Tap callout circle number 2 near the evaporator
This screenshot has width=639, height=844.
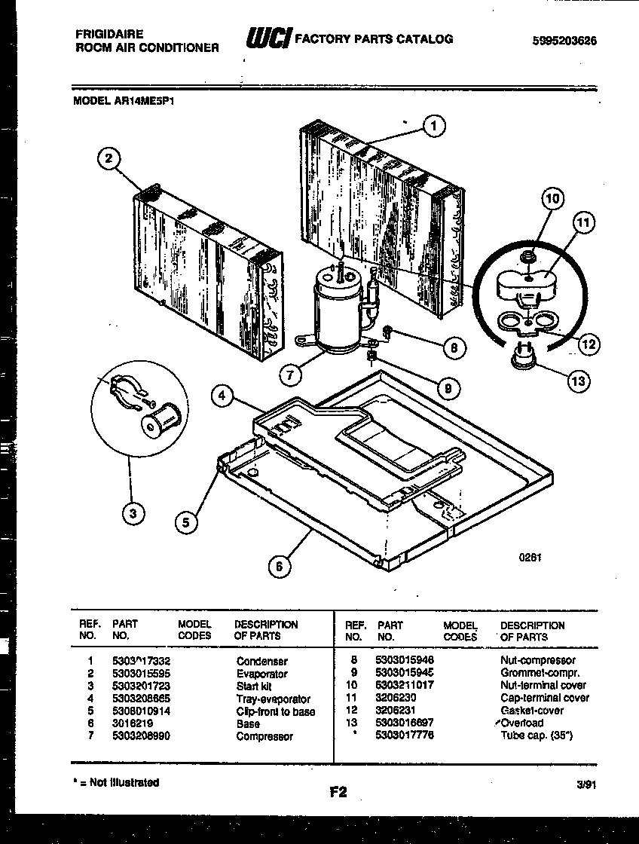[109, 158]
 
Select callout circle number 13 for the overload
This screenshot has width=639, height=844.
[578, 381]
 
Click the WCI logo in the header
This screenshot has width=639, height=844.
[268, 38]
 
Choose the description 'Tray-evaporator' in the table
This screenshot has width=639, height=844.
[273, 699]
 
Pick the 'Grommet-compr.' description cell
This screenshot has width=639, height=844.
[540, 673]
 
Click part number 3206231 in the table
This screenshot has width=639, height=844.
[396, 710]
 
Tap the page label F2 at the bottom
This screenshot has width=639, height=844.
[338, 791]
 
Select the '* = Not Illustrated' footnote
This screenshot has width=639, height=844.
[117, 782]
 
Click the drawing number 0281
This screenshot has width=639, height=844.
[530, 558]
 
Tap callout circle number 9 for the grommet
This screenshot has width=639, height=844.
[448, 388]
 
